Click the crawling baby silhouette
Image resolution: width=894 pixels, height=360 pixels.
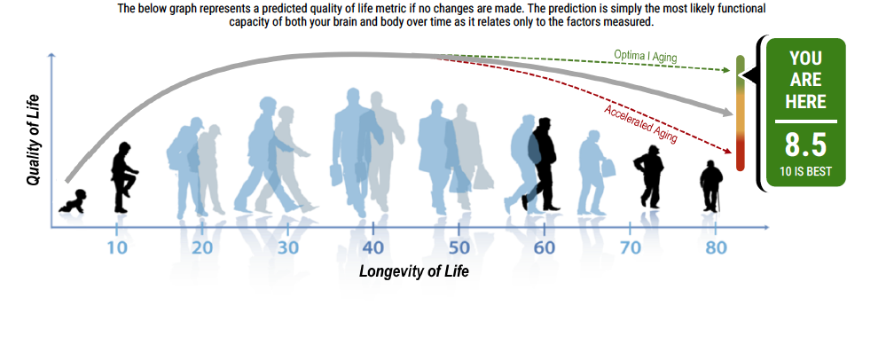[x=73, y=202]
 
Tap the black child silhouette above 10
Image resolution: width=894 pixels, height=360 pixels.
[x=123, y=177]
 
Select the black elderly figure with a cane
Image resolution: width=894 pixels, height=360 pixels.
[x=711, y=186]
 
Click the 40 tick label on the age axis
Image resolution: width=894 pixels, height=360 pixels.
[x=372, y=247]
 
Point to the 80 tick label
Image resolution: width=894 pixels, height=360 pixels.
[x=716, y=247]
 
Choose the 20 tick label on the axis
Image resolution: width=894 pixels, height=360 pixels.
[x=202, y=247]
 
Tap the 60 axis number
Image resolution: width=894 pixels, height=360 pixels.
[x=545, y=247]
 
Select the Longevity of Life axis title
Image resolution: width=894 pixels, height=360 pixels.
[x=414, y=271]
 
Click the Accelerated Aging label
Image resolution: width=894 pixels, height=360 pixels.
[x=640, y=123]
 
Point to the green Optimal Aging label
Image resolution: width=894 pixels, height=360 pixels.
[x=646, y=56]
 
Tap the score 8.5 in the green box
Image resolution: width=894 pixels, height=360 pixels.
[x=805, y=145]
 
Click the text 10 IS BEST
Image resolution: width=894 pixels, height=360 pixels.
[x=805, y=171]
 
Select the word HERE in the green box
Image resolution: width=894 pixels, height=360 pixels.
[x=805, y=101]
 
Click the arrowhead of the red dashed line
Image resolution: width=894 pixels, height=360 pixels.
[x=729, y=151]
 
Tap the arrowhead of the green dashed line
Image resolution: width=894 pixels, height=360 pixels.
[x=727, y=70]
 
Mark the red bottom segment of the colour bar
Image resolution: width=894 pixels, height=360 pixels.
[x=740, y=153]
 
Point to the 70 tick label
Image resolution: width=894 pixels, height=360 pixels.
[x=630, y=247]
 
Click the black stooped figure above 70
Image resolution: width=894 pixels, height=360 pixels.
[x=649, y=176]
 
